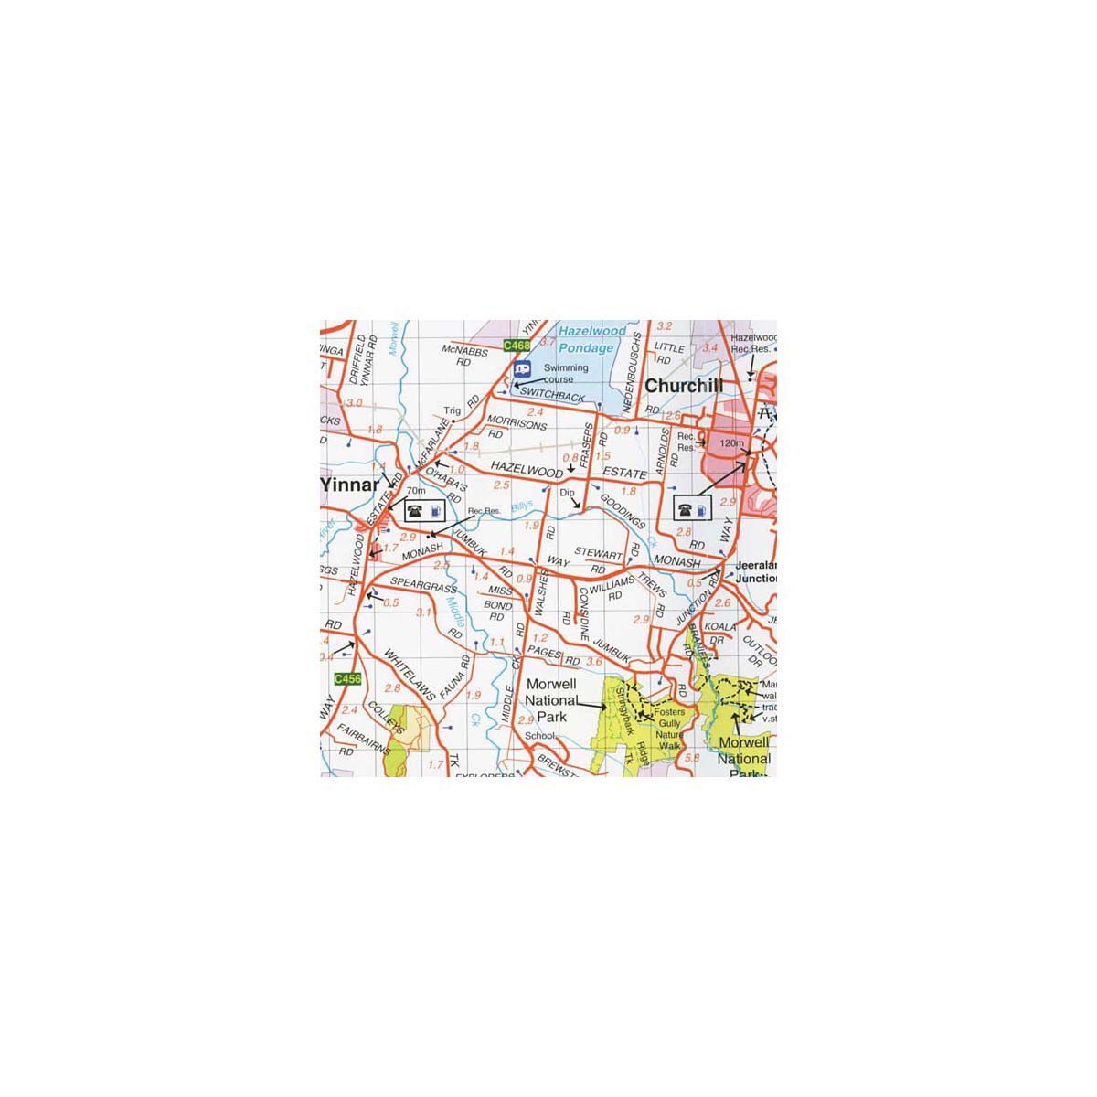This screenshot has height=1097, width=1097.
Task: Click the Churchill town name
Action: [x=684, y=386]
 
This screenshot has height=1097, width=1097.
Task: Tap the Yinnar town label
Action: [x=348, y=485]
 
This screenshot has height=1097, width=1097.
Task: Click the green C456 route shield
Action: [x=348, y=678]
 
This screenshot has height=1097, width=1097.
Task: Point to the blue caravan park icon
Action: [x=522, y=370]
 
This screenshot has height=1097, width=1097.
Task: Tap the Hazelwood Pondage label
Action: [x=592, y=339]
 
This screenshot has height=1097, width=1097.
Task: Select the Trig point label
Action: [x=452, y=410]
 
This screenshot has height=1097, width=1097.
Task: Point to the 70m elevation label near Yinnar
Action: [x=416, y=491]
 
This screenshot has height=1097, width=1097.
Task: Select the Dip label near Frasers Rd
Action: [x=567, y=493]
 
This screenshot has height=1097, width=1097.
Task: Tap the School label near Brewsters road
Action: [x=541, y=736]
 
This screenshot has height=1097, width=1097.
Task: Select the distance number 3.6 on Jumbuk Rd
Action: [x=594, y=662]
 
